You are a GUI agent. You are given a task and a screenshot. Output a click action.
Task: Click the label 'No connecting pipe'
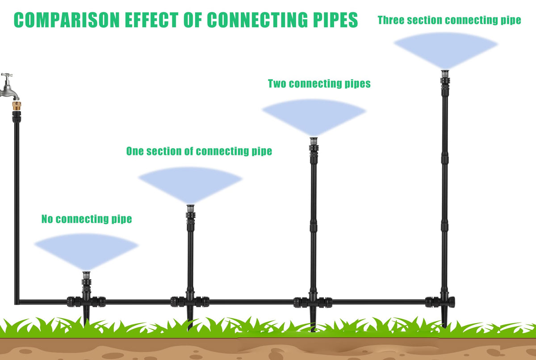tap(87, 219)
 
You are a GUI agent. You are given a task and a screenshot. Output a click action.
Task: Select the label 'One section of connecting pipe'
tap(199, 151)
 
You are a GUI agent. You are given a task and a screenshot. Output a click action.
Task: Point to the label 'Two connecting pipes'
tap(319, 84)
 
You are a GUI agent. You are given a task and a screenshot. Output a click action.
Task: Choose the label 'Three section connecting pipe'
tap(449, 20)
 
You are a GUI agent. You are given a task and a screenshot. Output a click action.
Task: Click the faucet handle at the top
tap(7, 75)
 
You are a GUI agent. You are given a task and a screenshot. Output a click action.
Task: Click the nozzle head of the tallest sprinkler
tap(445, 73)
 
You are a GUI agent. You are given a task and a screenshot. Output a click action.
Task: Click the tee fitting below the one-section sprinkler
tap(190, 301)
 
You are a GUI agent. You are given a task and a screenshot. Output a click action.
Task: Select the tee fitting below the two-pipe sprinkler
tap(313, 302)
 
